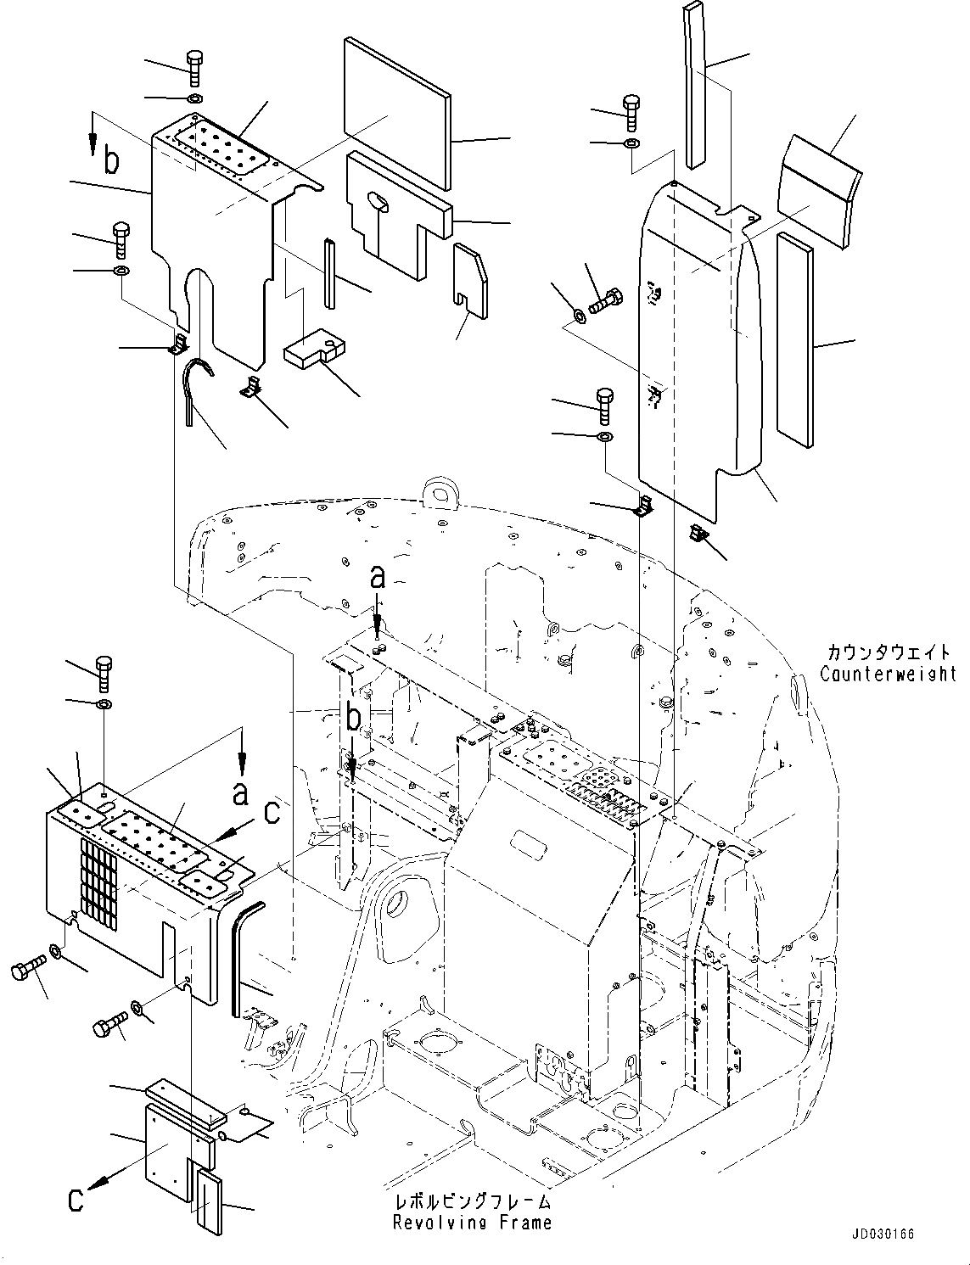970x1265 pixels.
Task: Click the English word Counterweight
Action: point(888,674)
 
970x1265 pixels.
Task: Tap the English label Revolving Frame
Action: point(471,1222)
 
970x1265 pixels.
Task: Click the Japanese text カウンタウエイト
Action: point(888,653)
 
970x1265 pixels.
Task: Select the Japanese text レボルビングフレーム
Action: point(471,1201)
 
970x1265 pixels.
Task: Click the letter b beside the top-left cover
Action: point(111,160)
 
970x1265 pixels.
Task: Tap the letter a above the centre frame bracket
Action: point(378,579)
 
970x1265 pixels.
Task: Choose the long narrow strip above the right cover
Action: point(694,85)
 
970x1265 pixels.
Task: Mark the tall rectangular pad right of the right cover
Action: point(794,339)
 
